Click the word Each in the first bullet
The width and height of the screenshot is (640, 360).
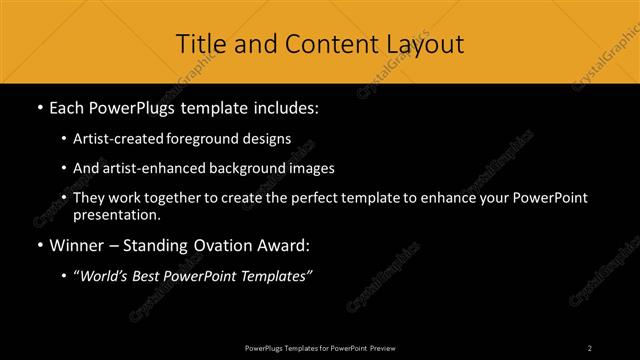point(67,106)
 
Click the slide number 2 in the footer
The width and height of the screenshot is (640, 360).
point(590,347)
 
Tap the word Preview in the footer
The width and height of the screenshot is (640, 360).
point(381,347)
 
